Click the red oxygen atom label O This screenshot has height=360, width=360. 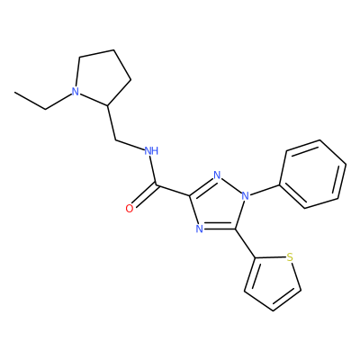(130, 209)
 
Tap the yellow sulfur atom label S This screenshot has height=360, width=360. (290, 257)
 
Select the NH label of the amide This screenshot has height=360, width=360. (151, 150)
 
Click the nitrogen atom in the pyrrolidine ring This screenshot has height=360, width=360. (76, 91)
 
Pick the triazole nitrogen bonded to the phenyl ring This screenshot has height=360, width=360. (246, 196)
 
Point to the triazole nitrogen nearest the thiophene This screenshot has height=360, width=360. (200, 229)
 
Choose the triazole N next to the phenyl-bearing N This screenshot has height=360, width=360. (217, 175)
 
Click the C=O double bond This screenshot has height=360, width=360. (145, 196)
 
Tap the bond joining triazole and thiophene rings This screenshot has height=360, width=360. (246, 243)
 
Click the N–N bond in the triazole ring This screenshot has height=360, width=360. (231, 185)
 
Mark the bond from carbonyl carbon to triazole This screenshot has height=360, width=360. (173, 190)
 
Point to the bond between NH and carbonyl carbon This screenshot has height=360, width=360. (154, 170)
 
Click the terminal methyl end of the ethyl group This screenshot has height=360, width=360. (15, 92)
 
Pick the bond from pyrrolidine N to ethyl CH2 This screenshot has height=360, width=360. (58, 102)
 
